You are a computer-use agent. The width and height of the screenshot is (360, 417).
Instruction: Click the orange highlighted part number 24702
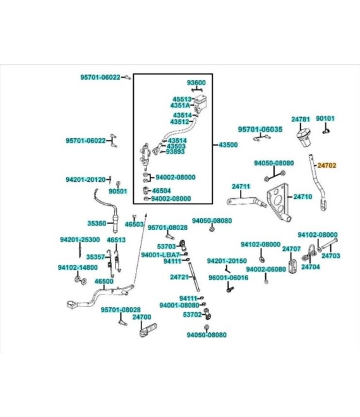pos(327,166)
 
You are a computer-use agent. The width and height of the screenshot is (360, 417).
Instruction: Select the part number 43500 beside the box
pos(228,145)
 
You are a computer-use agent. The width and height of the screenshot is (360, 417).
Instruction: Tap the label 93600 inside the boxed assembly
pos(196,83)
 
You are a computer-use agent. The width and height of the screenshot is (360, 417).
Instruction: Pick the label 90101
pos(325,118)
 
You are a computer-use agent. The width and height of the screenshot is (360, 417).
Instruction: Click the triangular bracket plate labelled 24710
pos(278,203)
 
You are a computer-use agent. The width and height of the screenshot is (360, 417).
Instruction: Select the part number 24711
pos(241,186)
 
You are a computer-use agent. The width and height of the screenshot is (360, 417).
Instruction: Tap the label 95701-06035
pos(260,130)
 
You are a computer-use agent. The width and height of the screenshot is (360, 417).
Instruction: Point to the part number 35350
pos(97,224)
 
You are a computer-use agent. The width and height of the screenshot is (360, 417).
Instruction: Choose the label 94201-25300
pos(80,239)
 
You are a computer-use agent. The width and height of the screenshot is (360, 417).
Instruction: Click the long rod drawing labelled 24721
pos(195,277)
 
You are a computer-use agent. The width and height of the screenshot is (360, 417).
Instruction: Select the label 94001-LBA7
pos(160,255)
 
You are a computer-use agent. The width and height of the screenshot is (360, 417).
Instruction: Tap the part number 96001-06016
pos(229,277)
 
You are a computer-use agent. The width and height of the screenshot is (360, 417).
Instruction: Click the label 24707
pos(291,249)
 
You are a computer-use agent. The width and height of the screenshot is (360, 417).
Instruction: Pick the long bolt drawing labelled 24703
pos(329,244)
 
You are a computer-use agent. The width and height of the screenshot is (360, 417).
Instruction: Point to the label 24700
pos(141,317)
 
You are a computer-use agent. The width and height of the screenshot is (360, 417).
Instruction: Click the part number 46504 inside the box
pos(162,191)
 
